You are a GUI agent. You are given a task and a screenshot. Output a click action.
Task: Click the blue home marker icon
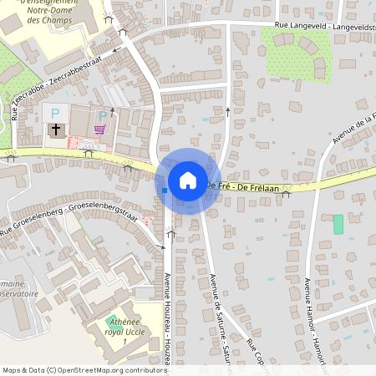tap(188, 180)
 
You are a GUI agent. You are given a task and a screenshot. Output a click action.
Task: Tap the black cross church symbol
tap(56, 130)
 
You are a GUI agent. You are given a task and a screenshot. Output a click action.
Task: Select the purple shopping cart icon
tap(100, 130)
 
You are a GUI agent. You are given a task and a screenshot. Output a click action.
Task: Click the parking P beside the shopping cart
tap(103, 115)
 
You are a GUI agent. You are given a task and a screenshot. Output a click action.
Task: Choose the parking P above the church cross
tap(56, 113)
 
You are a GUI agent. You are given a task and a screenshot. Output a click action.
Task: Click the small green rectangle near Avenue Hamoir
tap(338, 224)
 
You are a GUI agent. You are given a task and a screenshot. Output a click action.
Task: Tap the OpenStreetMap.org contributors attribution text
tap(117, 369)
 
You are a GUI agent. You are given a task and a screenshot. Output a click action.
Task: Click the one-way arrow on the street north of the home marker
tap(228, 110)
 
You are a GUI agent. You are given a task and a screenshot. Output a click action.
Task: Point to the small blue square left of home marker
tap(165, 191)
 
